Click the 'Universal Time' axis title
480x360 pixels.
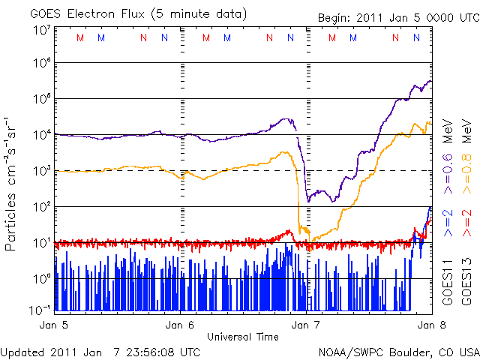coord(242,337)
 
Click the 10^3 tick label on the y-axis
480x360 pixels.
coord(42,170)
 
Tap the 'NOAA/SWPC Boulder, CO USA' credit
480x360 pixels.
coord(398,350)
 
